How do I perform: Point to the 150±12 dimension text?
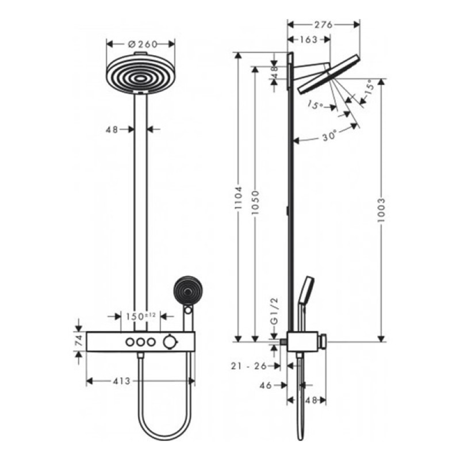pos(141,316)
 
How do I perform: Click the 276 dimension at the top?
pos(323,24)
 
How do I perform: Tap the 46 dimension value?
pos(265,386)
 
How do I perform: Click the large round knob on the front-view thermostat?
pos(169,342)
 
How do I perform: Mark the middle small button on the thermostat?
pos(140,342)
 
